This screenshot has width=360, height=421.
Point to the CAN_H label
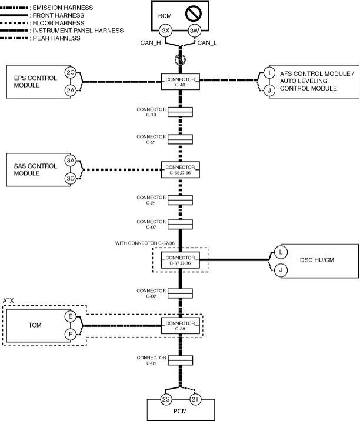coord(150,43)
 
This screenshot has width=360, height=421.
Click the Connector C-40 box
coord(180,82)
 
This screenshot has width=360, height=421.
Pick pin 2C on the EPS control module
coord(71,72)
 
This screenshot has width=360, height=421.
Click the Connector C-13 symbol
coord(180,112)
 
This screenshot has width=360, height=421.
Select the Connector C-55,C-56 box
coord(180,170)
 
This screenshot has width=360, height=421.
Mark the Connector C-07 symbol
coord(180,225)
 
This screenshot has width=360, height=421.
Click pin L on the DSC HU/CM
coord(281,252)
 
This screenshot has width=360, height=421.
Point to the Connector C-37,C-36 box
coord(180,259)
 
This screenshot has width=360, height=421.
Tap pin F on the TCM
coord(70,335)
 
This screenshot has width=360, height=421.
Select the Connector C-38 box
coord(180,325)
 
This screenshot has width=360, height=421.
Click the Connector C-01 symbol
coord(180,360)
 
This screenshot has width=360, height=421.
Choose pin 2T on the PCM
coord(195,400)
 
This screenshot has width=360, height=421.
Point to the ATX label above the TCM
coord(8,300)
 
